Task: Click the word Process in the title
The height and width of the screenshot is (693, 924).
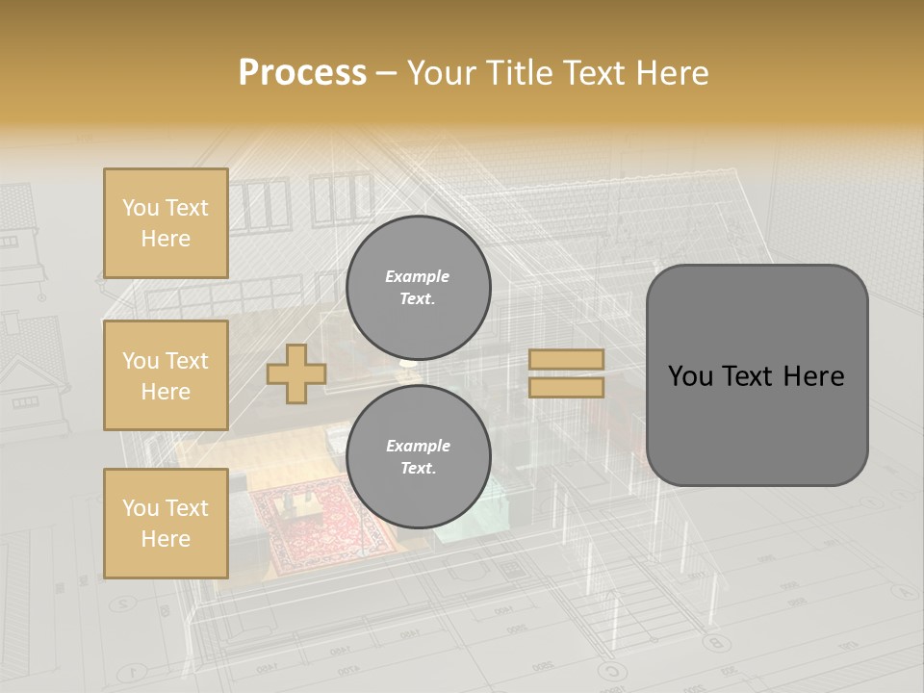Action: (302, 73)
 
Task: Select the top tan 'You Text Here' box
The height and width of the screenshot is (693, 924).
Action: (166, 223)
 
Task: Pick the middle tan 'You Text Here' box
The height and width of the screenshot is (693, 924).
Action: (166, 375)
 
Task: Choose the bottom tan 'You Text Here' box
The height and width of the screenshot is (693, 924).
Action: (166, 523)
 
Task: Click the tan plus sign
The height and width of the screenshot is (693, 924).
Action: (296, 374)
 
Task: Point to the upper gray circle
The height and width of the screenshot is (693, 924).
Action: (418, 288)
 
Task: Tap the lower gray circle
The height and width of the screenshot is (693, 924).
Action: (418, 457)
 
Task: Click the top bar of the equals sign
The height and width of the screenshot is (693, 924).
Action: (566, 359)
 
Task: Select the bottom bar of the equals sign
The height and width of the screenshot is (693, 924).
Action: (566, 387)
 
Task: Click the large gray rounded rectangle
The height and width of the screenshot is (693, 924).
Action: (757, 375)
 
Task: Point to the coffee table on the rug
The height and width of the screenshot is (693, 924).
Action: (295, 504)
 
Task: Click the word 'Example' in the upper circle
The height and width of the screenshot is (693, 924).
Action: (417, 276)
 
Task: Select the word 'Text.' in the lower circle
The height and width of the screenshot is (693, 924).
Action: (417, 469)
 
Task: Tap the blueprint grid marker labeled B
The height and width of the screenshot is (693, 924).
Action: (713, 642)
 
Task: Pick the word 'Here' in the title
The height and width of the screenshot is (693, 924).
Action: (673, 73)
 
